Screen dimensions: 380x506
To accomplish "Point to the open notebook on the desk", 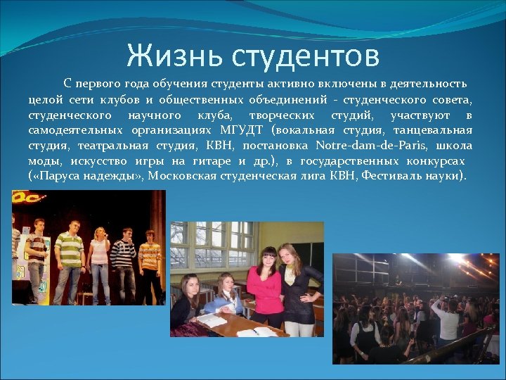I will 257,330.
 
